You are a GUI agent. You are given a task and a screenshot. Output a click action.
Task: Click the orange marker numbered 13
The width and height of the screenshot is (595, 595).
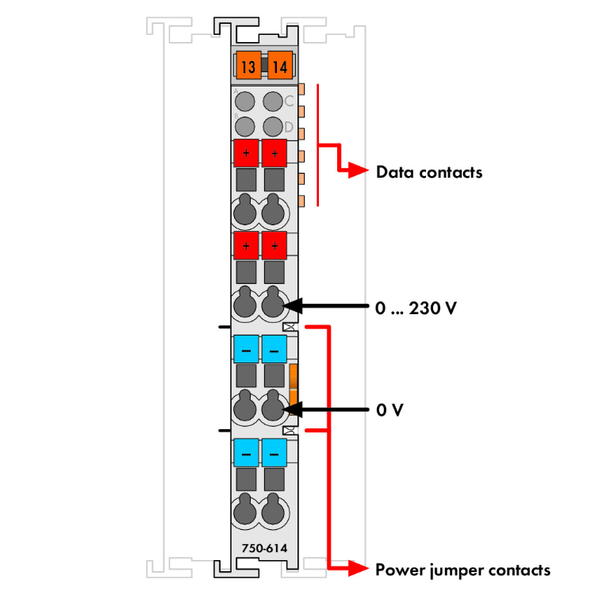pyautogui.click(x=249, y=67)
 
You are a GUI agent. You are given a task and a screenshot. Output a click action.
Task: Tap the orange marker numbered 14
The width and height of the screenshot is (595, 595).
pyautogui.click(x=278, y=67)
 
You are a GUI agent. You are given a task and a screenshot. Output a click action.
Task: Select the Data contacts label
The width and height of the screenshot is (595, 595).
pyautogui.click(x=428, y=171)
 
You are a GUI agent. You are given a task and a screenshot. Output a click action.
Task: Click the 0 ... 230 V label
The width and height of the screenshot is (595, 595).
pyautogui.click(x=416, y=306)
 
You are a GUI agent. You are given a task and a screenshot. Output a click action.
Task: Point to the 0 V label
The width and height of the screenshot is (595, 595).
pyautogui.click(x=390, y=410)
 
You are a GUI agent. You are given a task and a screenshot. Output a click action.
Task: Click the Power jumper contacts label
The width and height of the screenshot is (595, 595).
pyautogui.click(x=463, y=569)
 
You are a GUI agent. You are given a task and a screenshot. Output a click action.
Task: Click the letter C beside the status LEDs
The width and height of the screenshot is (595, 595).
pyautogui.click(x=290, y=101)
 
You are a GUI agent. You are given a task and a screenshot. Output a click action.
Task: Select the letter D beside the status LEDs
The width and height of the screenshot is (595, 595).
pyautogui.click(x=290, y=127)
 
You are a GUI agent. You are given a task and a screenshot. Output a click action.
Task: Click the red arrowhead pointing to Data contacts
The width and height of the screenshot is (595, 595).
pyautogui.click(x=361, y=171)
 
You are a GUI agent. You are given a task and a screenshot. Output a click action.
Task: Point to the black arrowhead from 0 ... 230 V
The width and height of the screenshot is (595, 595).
pyautogui.click(x=292, y=305)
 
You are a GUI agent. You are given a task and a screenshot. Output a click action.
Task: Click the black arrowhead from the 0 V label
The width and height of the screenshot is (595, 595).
pyautogui.click(x=292, y=410)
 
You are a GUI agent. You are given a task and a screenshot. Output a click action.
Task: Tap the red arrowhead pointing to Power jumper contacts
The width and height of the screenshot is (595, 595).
pyautogui.click(x=360, y=568)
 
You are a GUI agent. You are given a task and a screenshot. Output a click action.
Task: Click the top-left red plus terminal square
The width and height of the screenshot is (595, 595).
pyautogui.click(x=246, y=152)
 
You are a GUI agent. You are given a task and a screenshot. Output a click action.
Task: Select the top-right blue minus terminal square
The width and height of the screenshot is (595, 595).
pyautogui.click(x=274, y=347)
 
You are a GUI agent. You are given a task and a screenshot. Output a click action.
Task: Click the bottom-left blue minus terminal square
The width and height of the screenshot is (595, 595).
pyautogui.click(x=246, y=452)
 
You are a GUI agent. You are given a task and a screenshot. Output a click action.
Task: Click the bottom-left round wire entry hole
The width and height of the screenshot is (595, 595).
pyautogui.click(x=245, y=511)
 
